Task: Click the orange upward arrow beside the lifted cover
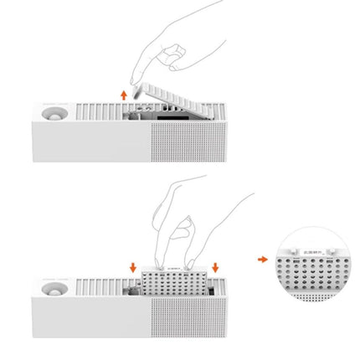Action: tap(124, 95)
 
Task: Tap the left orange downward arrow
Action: tap(133, 266)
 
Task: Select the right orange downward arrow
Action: tap(215, 266)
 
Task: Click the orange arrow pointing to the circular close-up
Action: tap(262, 259)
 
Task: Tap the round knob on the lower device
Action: tap(49, 289)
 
